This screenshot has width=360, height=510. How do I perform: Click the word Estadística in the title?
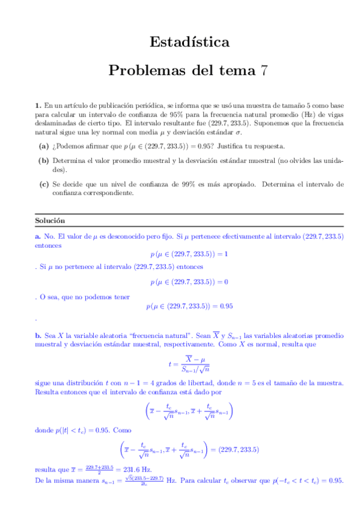[189, 43]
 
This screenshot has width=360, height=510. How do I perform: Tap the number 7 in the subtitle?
[263, 70]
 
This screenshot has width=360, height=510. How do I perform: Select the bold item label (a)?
[44, 146]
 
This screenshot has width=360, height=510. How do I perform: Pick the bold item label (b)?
[44, 161]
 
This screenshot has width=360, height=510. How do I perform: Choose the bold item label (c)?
[44, 184]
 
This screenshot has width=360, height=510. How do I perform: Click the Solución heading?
[50, 221]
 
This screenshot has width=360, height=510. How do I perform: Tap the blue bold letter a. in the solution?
[37, 237]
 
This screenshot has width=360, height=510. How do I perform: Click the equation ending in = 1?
[189, 254]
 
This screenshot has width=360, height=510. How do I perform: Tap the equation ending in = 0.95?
[189, 306]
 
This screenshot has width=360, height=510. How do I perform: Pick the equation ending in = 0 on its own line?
[189, 281]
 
